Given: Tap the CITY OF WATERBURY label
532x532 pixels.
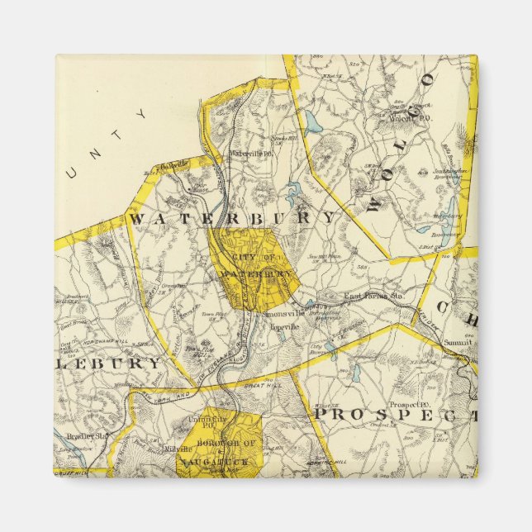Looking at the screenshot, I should [x=256, y=265].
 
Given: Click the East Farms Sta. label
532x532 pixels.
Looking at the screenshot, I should [x=373, y=295].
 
